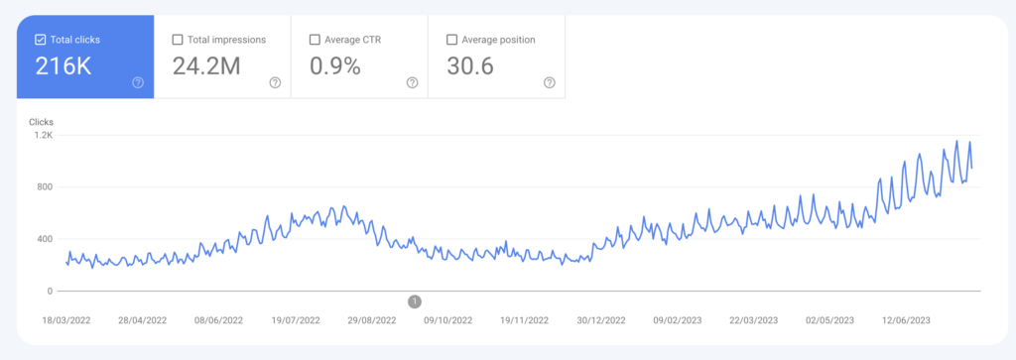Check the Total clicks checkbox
(40, 40)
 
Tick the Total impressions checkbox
(178, 40)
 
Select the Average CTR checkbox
(315, 40)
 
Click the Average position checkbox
(452, 40)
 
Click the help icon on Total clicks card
(138, 82)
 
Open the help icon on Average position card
(550, 82)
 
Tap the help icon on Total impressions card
(275, 82)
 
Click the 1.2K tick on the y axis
(42, 135)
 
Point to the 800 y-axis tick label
(44, 186)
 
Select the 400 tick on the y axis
(44, 239)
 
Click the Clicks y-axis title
(41, 121)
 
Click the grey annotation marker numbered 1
(415, 301)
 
